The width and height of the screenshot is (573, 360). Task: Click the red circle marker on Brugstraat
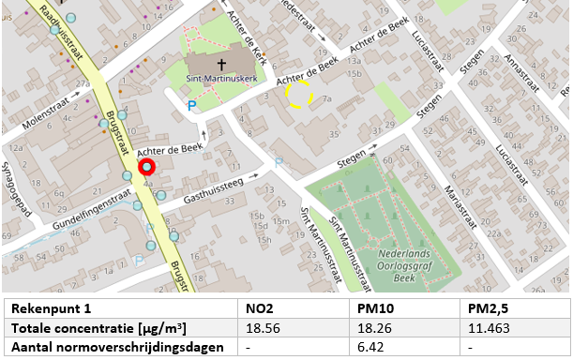[x=146, y=167]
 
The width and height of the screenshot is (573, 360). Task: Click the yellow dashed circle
[x=299, y=93]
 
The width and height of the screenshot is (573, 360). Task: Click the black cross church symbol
[x=221, y=66]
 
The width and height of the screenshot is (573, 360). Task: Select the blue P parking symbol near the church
[x=192, y=107]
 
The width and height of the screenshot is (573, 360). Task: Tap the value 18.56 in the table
[x=262, y=328]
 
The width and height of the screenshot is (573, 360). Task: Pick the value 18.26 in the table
[x=375, y=328]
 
